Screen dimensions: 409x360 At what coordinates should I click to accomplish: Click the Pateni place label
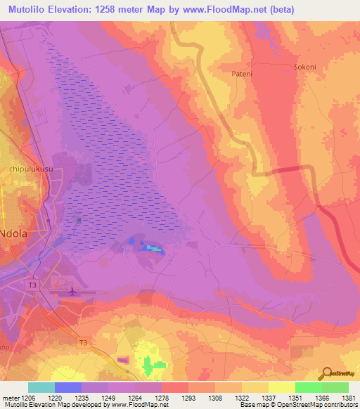[x=242, y=72]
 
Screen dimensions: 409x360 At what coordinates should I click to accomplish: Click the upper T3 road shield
[x=32, y=285]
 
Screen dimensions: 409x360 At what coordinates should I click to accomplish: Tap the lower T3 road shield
[x=84, y=342]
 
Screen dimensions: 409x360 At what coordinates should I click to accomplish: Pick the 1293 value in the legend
[x=188, y=397]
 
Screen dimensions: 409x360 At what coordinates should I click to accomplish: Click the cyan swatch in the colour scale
[x=41, y=387]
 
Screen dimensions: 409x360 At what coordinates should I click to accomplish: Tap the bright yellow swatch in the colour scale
[x=281, y=387]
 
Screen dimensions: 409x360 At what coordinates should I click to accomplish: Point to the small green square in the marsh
[x=79, y=221]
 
